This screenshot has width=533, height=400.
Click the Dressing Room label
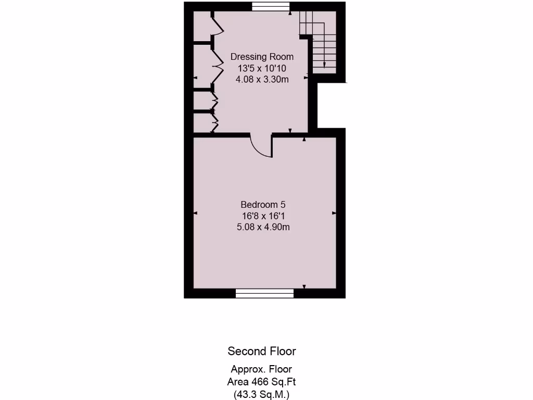point(262,57)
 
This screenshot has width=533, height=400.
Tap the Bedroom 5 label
point(263,205)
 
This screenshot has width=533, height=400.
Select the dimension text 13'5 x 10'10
point(262,68)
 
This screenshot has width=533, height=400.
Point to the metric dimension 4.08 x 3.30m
point(262,80)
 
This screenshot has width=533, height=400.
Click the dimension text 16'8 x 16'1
point(263,216)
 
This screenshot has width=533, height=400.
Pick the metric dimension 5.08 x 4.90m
point(263,227)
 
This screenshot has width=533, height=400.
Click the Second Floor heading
point(262,351)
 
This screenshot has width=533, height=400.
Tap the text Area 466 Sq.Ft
point(262,382)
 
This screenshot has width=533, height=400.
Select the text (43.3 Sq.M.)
point(262,394)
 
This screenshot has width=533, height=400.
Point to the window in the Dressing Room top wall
point(271,6)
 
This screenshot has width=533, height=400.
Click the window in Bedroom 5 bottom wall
point(264,294)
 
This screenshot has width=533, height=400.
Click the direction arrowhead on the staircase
point(325,65)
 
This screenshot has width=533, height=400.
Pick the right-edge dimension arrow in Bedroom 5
point(334,213)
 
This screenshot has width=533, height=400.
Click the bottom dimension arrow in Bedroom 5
point(304,286)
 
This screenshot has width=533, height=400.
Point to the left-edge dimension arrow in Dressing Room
point(196,78)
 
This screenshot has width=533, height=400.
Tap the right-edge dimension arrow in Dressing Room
point(306,78)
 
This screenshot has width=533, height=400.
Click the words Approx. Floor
point(262,369)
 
